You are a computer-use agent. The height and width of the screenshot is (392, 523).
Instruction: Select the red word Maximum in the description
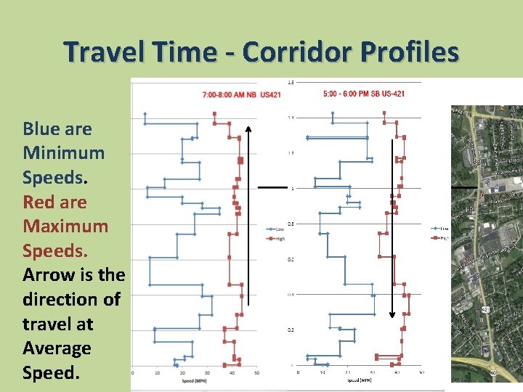click(65, 226)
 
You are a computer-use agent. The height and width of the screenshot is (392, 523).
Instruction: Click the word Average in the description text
click(57, 348)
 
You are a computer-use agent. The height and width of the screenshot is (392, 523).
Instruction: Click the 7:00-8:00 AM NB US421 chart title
click(240, 95)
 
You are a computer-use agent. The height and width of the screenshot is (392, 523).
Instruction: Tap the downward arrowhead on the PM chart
click(392, 314)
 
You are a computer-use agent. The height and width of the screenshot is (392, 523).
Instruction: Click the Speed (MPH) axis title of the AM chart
click(193, 380)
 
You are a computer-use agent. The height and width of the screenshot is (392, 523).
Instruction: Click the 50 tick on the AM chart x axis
click(256, 373)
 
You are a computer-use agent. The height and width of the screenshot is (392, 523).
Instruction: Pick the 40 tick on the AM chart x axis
click(232, 373)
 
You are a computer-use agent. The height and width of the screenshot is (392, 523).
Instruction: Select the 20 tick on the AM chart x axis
click(182, 373)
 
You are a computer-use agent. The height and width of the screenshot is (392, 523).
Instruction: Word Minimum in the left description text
click(63, 153)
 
